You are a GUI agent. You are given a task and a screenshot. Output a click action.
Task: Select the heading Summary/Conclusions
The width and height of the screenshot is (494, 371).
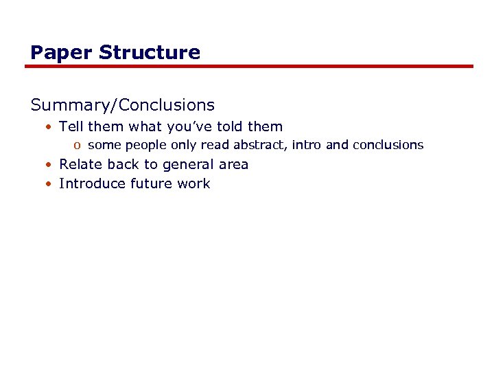point(123,105)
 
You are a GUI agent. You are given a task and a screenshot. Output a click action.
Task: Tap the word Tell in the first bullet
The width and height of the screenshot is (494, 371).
point(71,126)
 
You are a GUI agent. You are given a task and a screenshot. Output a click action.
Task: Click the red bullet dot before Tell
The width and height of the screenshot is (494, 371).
point(50,127)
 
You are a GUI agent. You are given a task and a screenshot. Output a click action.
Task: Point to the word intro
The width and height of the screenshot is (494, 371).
point(306,145)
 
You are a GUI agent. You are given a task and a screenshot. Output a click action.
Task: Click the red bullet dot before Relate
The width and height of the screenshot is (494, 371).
point(50,165)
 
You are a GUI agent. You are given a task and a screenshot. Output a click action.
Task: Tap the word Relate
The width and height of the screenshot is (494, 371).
point(78,164)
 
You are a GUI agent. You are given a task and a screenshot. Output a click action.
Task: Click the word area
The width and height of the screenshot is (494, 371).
point(233,165)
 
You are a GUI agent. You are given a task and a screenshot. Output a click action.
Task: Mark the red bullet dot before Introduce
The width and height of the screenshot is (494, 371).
point(50,184)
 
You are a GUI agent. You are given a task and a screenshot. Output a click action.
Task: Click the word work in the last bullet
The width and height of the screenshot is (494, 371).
point(193,183)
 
